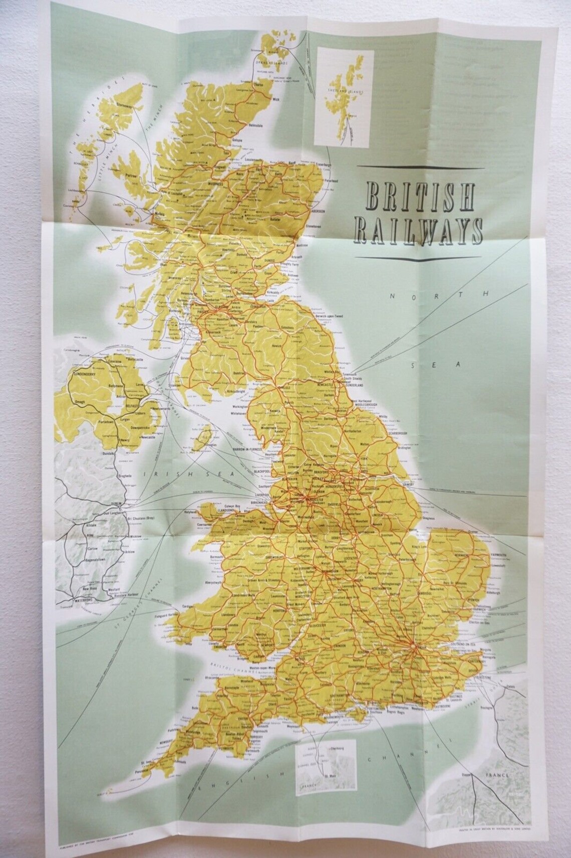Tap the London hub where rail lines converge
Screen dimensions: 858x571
tap(412, 647)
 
